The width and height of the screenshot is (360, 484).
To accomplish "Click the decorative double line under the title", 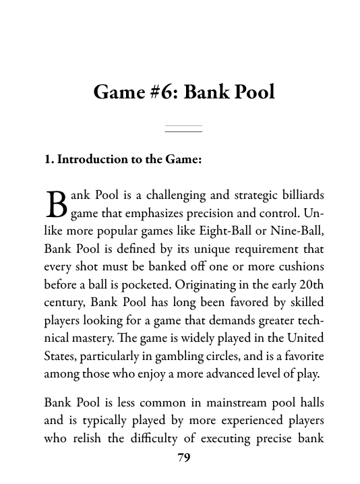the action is point(183,129).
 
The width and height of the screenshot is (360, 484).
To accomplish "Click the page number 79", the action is point(183,458).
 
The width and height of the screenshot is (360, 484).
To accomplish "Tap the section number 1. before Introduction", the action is point(49,160).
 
